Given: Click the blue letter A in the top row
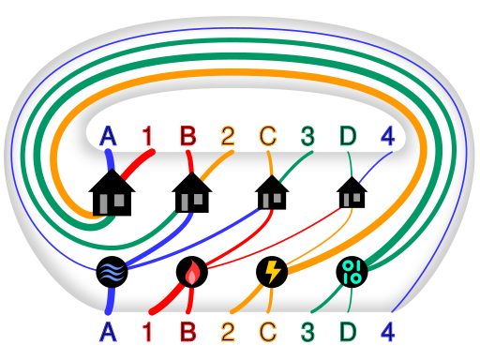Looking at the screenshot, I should coord(108,137).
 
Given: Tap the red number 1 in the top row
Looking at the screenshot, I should coord(147,137).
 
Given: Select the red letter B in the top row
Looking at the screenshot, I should coord(188,137).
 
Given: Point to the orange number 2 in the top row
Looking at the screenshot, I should coord(228,137).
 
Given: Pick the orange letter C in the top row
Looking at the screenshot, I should coord(268,137).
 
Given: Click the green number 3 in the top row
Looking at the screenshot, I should coord(307,137).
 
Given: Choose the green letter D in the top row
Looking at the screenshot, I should coord(348,137).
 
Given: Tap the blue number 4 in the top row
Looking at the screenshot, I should coord(387,137).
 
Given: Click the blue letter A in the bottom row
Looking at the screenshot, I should coord(108,331).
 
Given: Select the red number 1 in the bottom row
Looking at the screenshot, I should coord(147,331).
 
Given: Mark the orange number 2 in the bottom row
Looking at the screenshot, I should coord(228,331).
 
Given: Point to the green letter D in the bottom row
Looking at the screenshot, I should coord(348,331).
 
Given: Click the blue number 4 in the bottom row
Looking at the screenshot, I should coord(387,331).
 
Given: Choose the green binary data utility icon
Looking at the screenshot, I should coord(352,272).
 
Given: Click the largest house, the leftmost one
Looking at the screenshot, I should coord(112,193).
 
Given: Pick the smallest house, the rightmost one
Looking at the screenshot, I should coord(352,194).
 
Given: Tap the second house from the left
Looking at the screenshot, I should coord(192,194).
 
